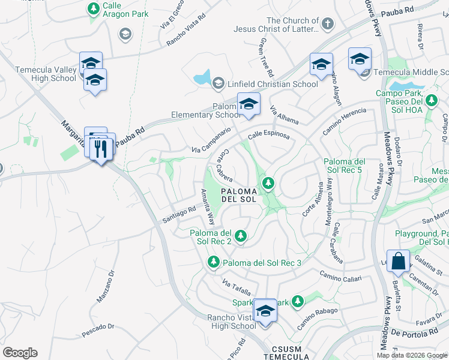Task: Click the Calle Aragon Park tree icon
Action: tap(93, 8)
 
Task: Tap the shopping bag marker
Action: tap(398, 262)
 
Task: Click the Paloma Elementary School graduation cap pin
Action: tap(249, 105)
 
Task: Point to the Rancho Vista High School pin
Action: tap(265, 311)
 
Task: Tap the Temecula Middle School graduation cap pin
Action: tap(360, 59)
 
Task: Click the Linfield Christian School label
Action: tap(273, 84)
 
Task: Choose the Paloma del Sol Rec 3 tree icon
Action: tap(213, 262)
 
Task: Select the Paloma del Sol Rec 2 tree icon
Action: tap(241, 236)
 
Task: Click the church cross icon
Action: tap(327, 24)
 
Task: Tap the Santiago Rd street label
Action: tap(179, 215)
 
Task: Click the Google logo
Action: tap(20, 352)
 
